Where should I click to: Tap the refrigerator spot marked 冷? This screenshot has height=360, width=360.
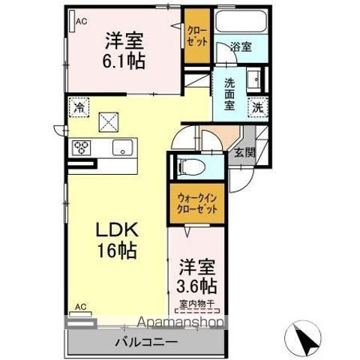tap(79, 107)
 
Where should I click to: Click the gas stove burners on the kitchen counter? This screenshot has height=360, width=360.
tap(81, 148)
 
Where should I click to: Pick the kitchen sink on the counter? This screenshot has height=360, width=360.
tap(122, 148)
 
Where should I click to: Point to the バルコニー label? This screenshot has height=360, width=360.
tap(146, 342)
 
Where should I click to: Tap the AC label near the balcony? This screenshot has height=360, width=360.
tap(79, 308)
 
